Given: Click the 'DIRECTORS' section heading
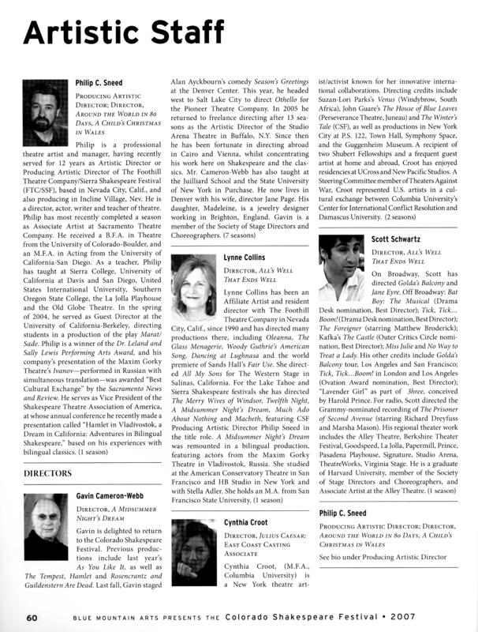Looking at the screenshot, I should pyautogui.click(x=53, y=473).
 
